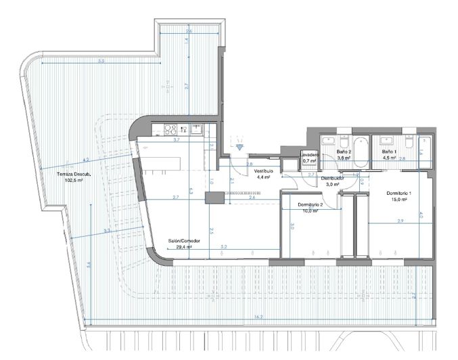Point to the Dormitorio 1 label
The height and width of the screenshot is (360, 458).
[x=398, y=193]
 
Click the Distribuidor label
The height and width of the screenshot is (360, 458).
[x=333, y=177]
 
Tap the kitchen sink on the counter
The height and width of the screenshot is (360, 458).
[x=196, y=128]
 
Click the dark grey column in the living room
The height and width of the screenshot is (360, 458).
[x=216, y=198]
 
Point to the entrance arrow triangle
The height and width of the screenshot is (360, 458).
[x=242, y=143]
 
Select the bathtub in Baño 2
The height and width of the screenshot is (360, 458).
[x=360, y=152]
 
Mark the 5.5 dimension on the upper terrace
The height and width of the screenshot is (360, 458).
[x=101, y=62]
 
